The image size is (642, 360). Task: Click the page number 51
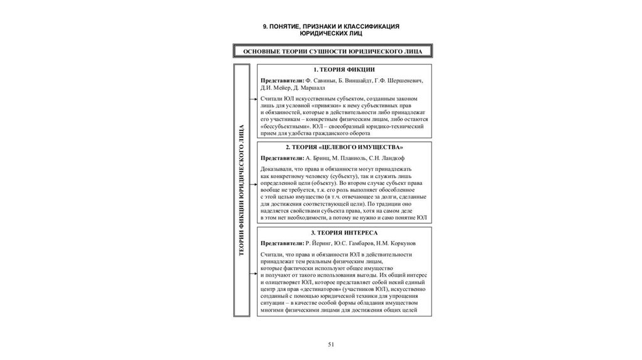pyautogui.click(x=332, y=344)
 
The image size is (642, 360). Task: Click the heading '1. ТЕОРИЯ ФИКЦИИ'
pyautogui.click(x=344, y=70)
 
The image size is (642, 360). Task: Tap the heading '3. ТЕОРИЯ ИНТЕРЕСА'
pyautogui.click(x=344, y=232)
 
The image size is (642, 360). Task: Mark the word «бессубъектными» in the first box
pyautogui.click(x=285, y=126)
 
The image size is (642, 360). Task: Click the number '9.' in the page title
pyautogui.click(x=266, y=26)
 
